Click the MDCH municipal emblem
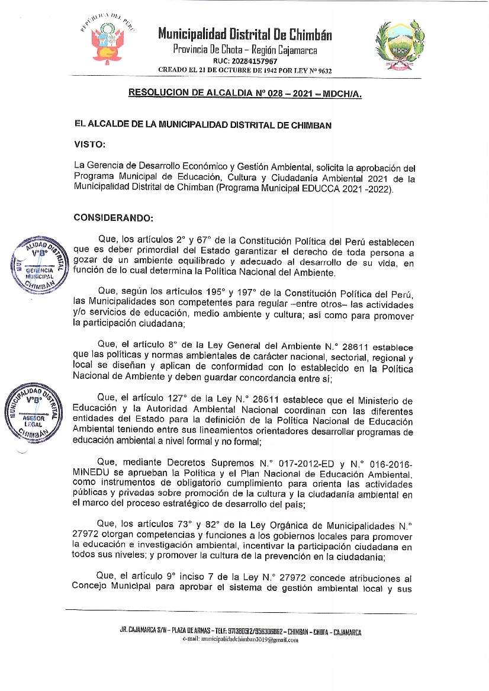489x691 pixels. [396, 43]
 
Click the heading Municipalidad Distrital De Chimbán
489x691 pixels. [244, 35]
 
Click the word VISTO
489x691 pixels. [90, 144]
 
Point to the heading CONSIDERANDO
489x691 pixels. [113, 217]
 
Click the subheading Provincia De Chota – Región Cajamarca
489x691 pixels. [244, 49]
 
